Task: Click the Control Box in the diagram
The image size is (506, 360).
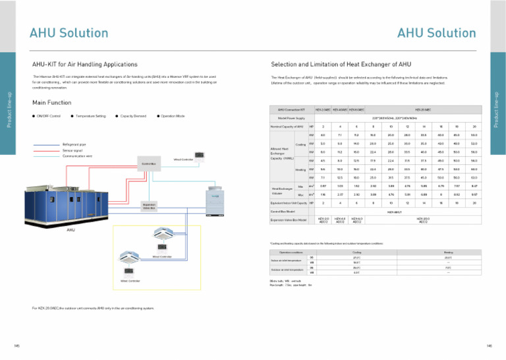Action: tap(147, 162)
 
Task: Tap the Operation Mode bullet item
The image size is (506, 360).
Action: tap(173, 116)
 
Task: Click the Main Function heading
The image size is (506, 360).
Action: tap(56, 102)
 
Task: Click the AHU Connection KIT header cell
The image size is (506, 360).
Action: tap(292, 109)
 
